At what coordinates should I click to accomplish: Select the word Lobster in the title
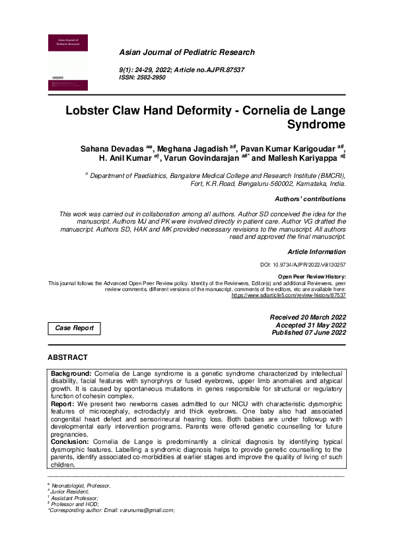click(x=94, y=110)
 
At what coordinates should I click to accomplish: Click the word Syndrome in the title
click(x=308, y=124)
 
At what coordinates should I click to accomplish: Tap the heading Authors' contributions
click(x=310, y=198)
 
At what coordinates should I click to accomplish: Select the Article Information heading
click(x=316, y=252)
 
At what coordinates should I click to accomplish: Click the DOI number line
click(x=304, y=265)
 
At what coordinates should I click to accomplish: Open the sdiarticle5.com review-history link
click(x=288, y=295)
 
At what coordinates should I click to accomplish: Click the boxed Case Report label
click(x=74, y=328)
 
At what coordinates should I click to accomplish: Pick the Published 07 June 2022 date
click(x=308, y=333)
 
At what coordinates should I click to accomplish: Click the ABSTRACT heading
click(x=67, y=357)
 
